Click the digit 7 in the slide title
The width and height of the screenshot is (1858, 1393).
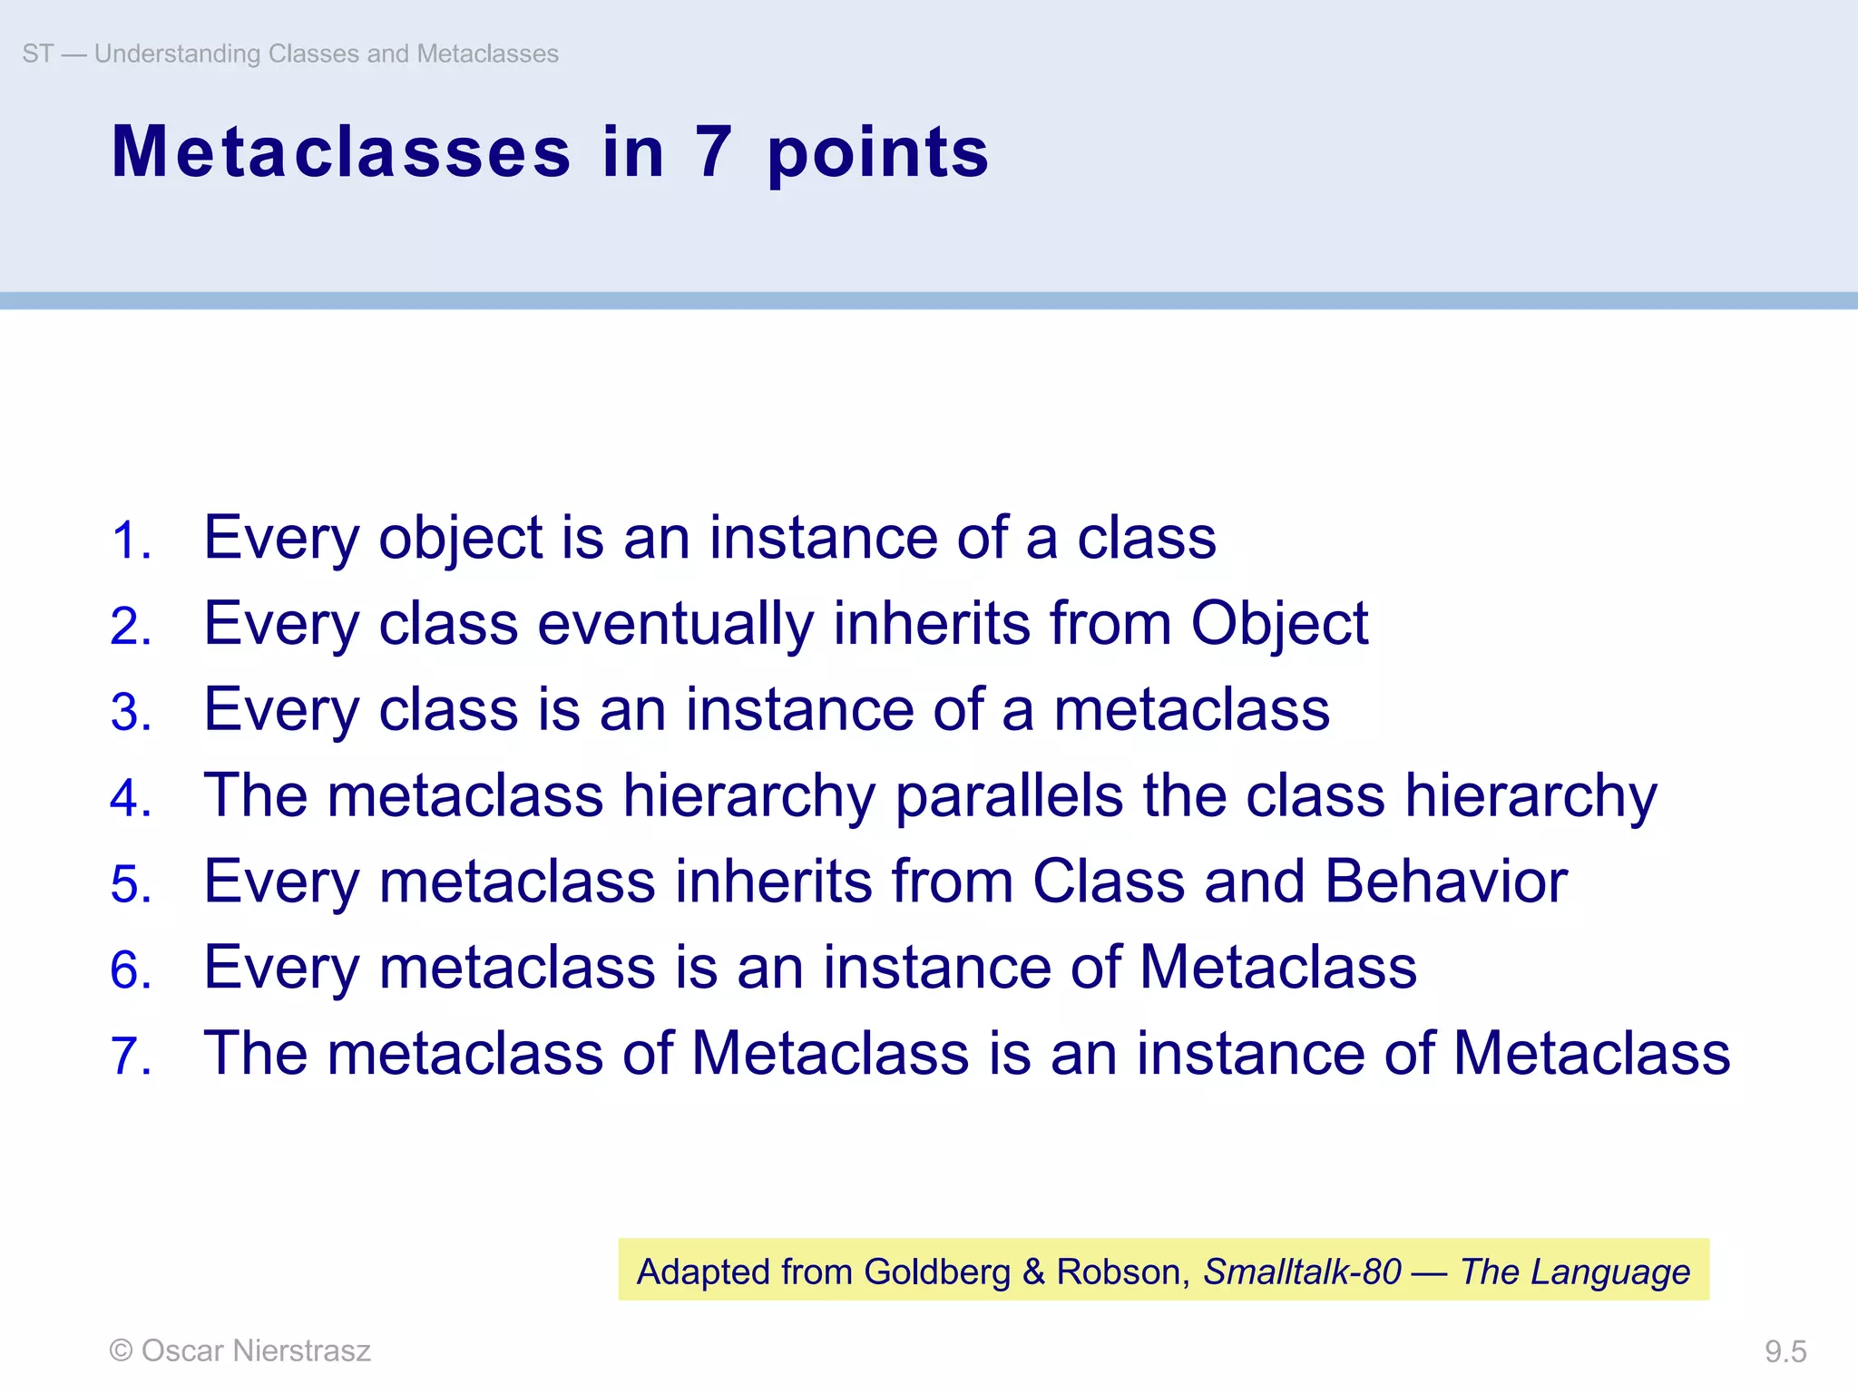(x=714, y=151)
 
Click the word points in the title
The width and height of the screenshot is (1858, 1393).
(x=877, y=154)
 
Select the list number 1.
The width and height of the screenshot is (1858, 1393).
(x=131, y=541)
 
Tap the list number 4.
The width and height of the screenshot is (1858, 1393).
(x=131, y=799)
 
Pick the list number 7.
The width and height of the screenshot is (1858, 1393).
(x=131, y=1057)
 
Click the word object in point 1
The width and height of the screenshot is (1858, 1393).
(x=460, y=541)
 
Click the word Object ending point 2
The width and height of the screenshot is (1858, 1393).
(x=1279, y=625)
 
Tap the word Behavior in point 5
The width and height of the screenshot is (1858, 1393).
(x=1446, y=882)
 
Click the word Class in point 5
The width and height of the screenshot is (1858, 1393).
(x=1109, y=882)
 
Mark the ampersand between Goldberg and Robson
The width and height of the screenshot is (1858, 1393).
(x=1033, y=1271)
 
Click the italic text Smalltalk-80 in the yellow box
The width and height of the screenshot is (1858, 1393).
(x=1302, y=1271)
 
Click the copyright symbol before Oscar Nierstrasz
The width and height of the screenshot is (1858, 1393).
(x=121, y=1350)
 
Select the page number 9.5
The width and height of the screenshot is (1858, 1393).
(x=1785, y=1352)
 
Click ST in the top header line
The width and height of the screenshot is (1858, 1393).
(x=37, y=54)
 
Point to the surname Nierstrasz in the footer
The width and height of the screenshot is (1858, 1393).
(x=301, y=1350)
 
